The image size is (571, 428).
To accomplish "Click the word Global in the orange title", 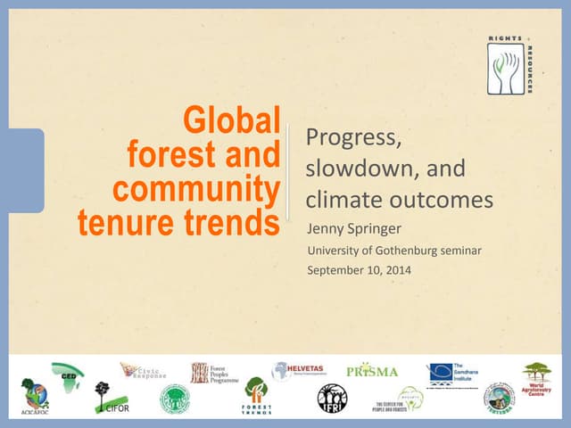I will point(231,121).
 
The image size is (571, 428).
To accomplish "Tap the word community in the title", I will point(196,190).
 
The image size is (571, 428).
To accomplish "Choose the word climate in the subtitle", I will point(343,198).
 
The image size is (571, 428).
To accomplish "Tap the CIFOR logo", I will point(105,399).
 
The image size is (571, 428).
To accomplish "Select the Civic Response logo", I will point(144,370).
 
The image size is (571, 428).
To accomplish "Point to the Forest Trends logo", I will point(257,395).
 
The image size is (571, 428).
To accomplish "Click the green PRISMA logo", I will point(371,371).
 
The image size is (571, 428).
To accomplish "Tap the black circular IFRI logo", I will point(332,398).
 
